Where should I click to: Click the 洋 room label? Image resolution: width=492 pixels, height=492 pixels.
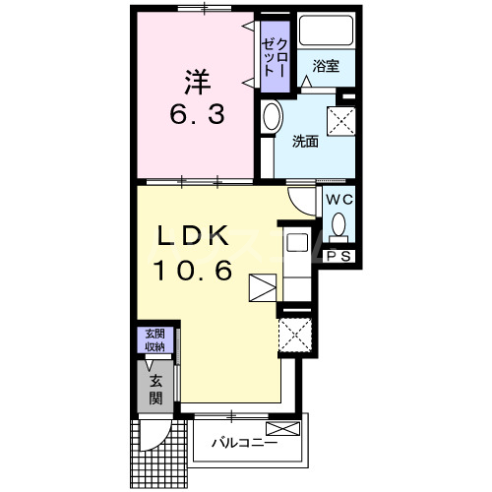point(197,82)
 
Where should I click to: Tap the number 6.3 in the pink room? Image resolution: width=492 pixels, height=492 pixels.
point(198,114)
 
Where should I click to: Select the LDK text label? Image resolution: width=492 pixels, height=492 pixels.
point(193,235)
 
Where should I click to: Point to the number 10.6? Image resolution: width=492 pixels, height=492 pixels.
point(193,270)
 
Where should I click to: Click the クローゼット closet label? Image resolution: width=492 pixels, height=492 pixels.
point(276,58)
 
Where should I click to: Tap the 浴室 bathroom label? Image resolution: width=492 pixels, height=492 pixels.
point(326,66)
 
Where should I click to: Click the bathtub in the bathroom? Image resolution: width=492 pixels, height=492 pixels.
point(327,31)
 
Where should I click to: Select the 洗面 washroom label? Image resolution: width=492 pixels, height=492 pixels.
point(305,141)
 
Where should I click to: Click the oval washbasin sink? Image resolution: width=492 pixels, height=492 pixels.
point(273,116)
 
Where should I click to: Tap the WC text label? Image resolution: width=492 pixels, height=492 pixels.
point(339,200)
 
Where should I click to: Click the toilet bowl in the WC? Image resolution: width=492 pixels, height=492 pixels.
point(338,225)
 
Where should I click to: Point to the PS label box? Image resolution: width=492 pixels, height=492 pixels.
point(339,256)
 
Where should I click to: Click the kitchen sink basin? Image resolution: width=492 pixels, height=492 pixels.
point(297,243)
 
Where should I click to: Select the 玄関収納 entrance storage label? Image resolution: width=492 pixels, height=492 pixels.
point(155,339)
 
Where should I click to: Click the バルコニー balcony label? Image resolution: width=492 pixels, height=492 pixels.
point(245,443)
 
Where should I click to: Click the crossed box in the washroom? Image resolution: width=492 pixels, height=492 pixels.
point(341,120)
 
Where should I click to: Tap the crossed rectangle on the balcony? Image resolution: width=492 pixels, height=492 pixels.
point(283,429)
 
